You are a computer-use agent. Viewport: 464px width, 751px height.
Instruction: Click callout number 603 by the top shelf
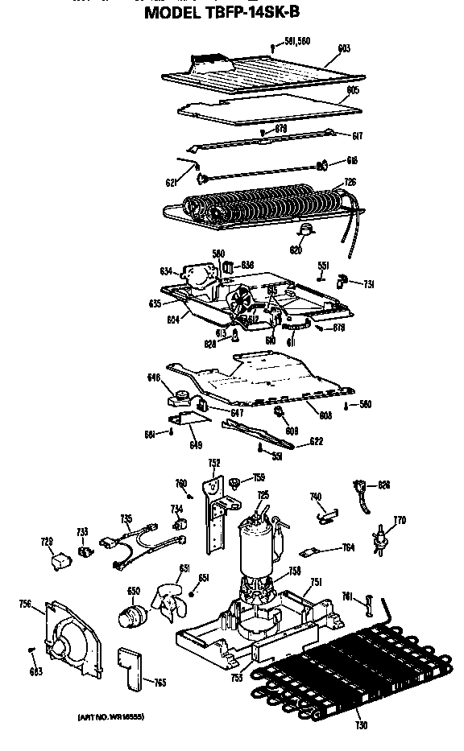(x=344, y=49)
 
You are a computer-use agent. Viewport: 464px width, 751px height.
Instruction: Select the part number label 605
(x=352, y=90)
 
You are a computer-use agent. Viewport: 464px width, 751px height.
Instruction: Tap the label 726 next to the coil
(x=350, y=183)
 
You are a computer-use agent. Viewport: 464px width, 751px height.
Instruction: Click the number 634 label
(x=166, y=270)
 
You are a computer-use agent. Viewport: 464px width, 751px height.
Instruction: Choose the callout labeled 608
(x=325, y=415)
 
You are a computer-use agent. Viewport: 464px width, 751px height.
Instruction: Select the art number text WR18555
(x=111, y=716)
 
